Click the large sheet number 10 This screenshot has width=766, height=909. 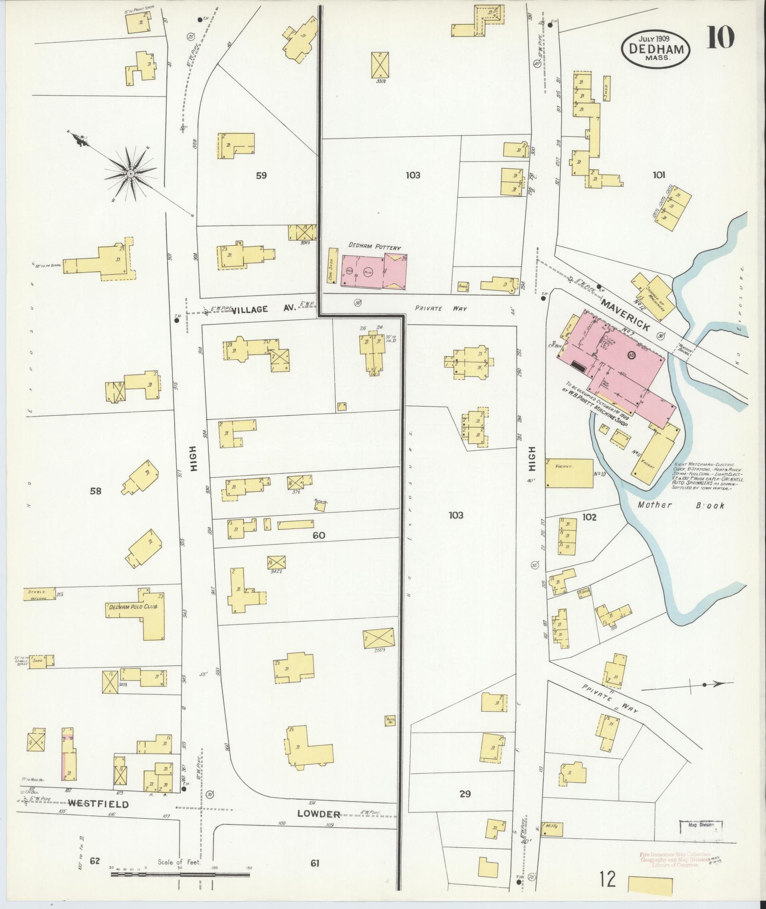[720, 38]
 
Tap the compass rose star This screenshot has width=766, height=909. [130, 174]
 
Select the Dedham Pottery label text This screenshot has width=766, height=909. [375, 247]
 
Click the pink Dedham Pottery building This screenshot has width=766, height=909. [373, 272]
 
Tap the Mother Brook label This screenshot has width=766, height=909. [681, 505]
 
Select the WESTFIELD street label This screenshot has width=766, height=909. [98, 804]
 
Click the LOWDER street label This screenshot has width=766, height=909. [319, 814]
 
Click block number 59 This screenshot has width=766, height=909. [261, 175]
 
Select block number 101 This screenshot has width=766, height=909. [658, 175]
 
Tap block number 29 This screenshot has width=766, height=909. [464, 794]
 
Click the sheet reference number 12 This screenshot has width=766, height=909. [607, 880]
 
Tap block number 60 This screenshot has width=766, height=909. [319, 536]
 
